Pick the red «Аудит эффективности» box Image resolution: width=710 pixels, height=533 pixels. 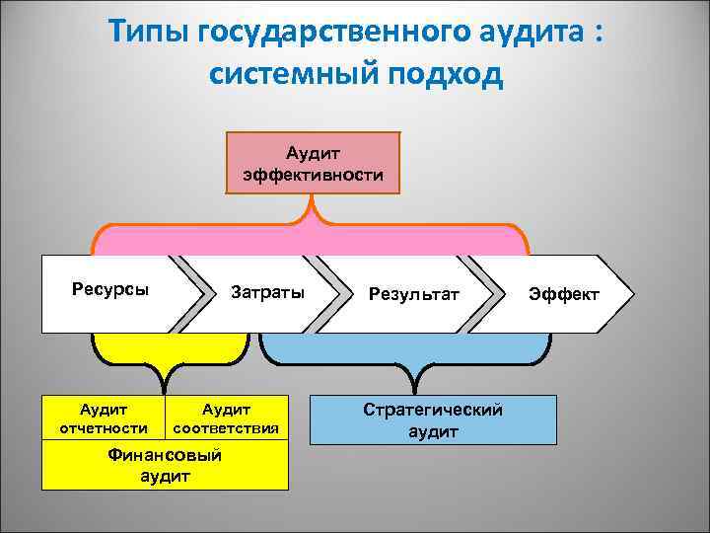tap(314, 164)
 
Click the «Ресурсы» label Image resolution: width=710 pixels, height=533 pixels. tap(104, 289)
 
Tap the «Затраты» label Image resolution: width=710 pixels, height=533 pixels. tap(267, 293)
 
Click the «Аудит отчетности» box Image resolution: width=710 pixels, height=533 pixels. tap(104, 419)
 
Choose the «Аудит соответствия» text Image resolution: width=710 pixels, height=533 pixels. tap(226, 419)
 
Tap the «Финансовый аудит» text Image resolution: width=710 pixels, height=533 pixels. tap(165, 465)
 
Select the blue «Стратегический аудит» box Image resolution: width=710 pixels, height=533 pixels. tap(433, 419)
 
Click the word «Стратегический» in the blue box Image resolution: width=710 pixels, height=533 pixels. tap(433, 410)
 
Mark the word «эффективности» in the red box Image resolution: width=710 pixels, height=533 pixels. tap(314, 175)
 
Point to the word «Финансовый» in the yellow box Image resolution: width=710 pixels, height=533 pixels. tap(165, 455)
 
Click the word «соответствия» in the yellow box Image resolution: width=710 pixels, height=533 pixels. tap(226, 428)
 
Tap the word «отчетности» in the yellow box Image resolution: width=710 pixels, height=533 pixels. tap(104, 428)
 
